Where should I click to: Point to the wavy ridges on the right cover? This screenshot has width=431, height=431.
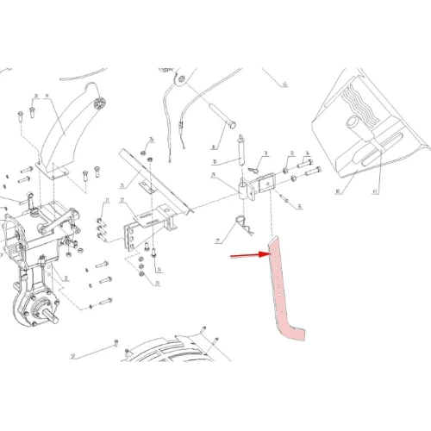click(357, 103)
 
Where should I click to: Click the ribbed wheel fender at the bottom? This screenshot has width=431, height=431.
click(172, 371)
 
